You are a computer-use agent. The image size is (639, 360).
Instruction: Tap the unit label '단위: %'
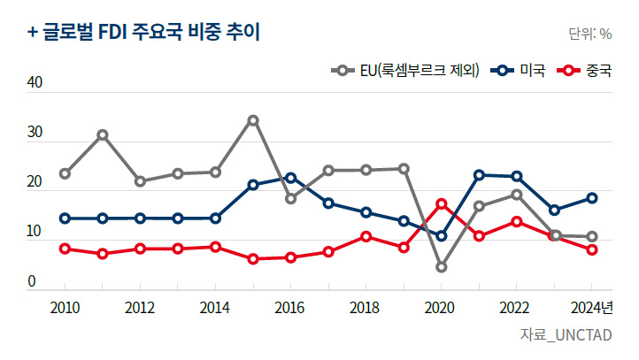tap(589, 34)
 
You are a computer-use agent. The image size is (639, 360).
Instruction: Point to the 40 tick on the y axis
tap(35, 83)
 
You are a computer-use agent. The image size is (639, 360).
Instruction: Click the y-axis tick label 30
tap(35, 133)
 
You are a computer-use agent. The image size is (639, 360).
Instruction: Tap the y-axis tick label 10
tap(35, 232)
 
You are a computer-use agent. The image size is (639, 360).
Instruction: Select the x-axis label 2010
tap(65, 307)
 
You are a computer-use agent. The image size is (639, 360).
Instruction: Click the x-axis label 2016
tap(290, 307)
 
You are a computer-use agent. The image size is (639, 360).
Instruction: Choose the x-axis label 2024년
tap(592, 307)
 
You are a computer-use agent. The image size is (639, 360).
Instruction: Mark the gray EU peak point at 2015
tap(253, 120)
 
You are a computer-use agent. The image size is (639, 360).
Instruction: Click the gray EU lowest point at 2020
tap(442, 267)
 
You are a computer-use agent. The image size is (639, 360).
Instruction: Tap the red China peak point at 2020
tap(442, 204)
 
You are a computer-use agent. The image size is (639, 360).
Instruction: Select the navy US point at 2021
tap(479, 175)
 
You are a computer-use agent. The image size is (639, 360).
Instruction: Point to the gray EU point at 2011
tap(103, 135)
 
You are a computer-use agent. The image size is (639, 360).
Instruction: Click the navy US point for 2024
tap(592, 198)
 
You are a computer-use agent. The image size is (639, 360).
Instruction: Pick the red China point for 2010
tap(65, 249)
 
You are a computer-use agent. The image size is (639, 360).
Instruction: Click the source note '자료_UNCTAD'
tap(566, 335)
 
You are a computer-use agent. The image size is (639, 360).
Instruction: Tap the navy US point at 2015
tap(253, 185)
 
